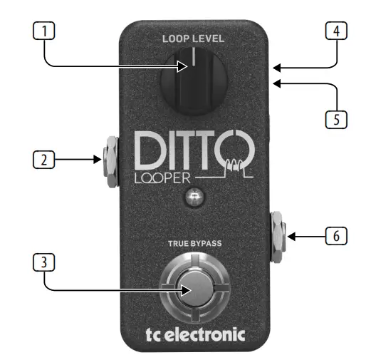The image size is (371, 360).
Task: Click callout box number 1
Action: (x=43, y=31)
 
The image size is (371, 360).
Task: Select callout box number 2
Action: (x=43, y=160)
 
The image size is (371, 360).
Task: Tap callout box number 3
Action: (x=43, y=262)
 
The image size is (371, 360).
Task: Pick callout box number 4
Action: (x=336, y=31)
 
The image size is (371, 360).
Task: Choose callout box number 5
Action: (x=336, y=119)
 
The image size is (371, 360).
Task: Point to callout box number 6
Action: (x=336, y=236)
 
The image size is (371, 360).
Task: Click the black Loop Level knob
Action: (x=194, y=81)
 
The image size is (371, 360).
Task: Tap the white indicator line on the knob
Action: (x=194, y=56)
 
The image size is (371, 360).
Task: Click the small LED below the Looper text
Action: (x=194, y=197)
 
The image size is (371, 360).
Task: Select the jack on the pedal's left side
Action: (x=110, y=161)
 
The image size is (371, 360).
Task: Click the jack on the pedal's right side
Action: (x=278, y=237)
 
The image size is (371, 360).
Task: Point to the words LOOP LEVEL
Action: (x=193, y=38)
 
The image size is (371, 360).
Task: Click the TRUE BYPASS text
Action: (x=195, y=243)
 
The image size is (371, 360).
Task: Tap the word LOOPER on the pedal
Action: (x=162, y=178)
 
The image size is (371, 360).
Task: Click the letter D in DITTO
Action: (x=148, y=150)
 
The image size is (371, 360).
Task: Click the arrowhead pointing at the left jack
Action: (x=98, y=160)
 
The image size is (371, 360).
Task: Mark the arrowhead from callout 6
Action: (x=291, y=237)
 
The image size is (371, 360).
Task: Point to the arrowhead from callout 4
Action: (x=277, y=68)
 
